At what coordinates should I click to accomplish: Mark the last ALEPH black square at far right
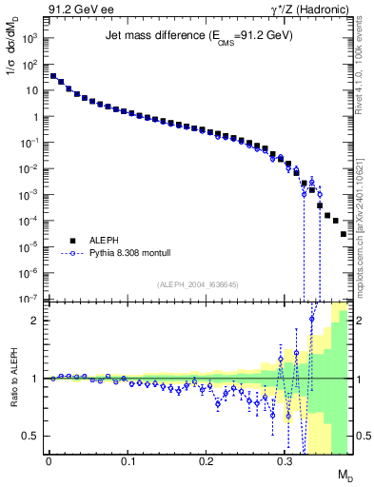344,232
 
